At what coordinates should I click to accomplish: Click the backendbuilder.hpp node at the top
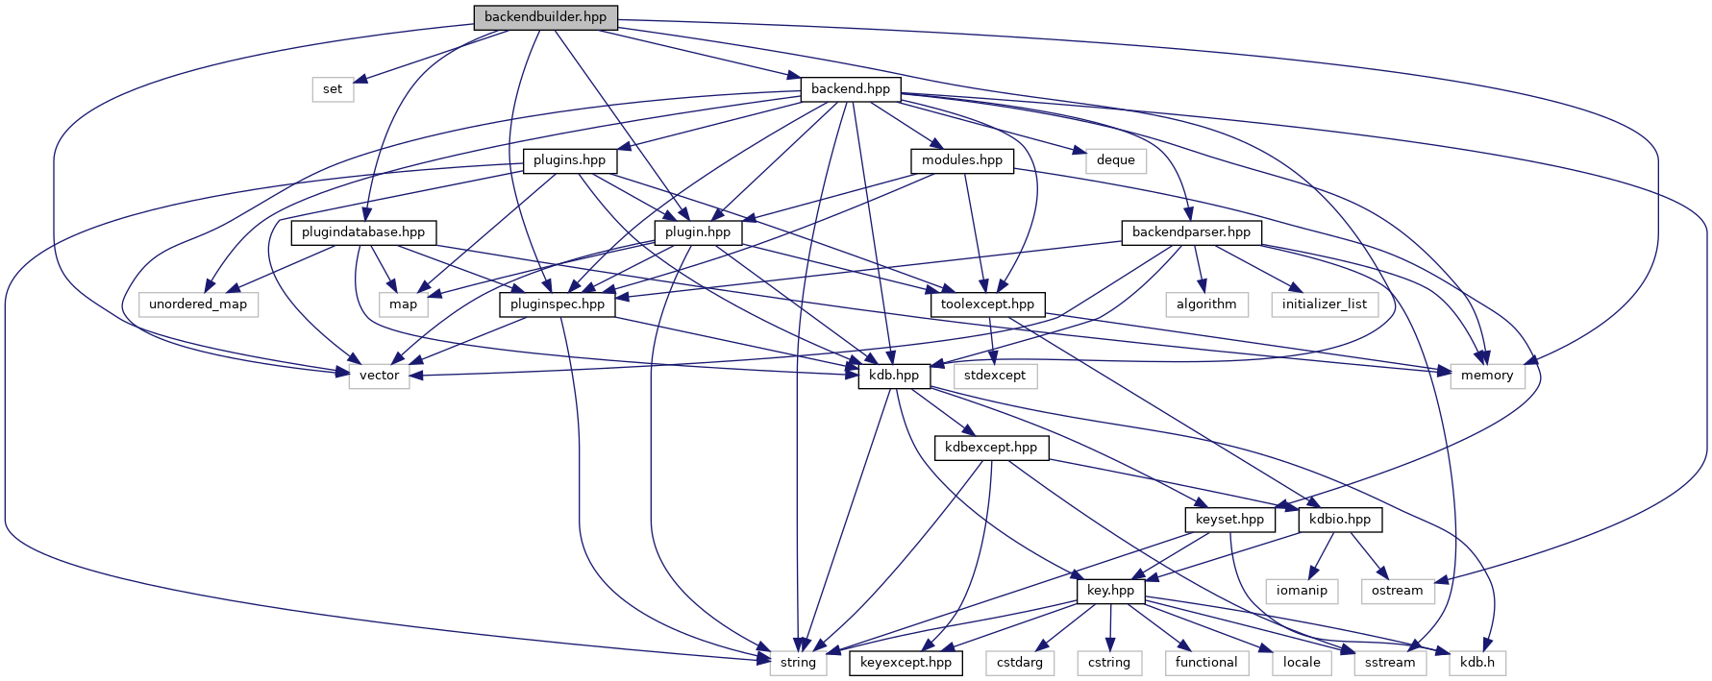tap(545, 17)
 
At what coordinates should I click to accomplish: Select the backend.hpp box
tap(851, 89)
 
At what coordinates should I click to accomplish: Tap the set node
tap(333, 89)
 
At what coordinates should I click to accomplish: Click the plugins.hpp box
tap(569, 160)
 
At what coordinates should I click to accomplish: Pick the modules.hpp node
tap(961, 160)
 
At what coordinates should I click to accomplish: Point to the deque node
tap(1115, 160)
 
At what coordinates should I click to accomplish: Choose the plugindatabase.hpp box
tap(363, 232)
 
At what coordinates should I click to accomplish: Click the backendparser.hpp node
tap(1191, 232)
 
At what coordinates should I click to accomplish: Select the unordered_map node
tap(198, 304)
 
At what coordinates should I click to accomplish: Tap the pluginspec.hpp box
tap(558, 304)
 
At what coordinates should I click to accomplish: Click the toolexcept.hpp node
tap(987, 304)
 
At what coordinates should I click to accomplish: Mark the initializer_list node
tap(1324, 304)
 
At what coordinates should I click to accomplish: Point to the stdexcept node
tap(995, 376)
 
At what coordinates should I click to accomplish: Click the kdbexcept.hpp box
tap(990, 448)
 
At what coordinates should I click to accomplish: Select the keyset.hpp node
tap(1229, 520)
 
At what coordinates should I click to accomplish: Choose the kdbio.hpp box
tap(1340, 520)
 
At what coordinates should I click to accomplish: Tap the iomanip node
tap(1302, 591)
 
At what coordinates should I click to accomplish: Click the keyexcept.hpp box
tap(906, 663)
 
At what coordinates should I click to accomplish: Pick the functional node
tap(1205, 663)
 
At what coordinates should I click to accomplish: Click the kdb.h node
tap(1477, 663)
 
